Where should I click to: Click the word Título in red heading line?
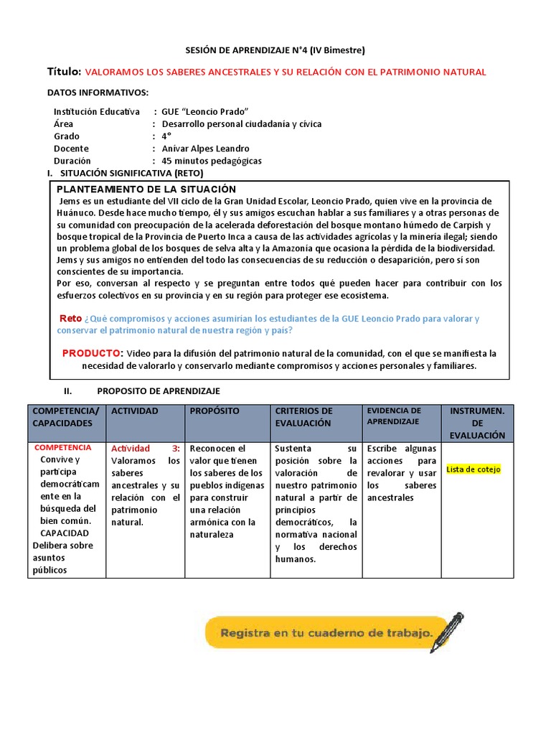coord(64,71)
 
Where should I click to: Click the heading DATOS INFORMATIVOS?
coord(98,93)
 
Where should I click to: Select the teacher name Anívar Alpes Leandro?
coord(206,149)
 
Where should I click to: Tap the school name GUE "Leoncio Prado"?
coord(205,112)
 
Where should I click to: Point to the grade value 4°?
coord(167,136)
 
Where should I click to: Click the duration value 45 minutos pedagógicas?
coord(212,161)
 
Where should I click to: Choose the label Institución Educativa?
coord(97,112)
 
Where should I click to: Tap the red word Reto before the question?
coord(70,319)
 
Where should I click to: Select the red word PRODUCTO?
coord(93,353)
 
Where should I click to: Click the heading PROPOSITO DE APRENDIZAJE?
coord(159,391)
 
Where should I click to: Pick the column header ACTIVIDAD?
coord(135,411)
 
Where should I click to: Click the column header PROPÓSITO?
coord(215,411)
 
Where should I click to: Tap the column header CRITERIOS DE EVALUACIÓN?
coord(303,417)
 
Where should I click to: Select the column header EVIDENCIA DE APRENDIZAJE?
coord(393,416)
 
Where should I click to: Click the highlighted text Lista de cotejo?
coord(474,469)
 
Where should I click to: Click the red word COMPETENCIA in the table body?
coord(63,447)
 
